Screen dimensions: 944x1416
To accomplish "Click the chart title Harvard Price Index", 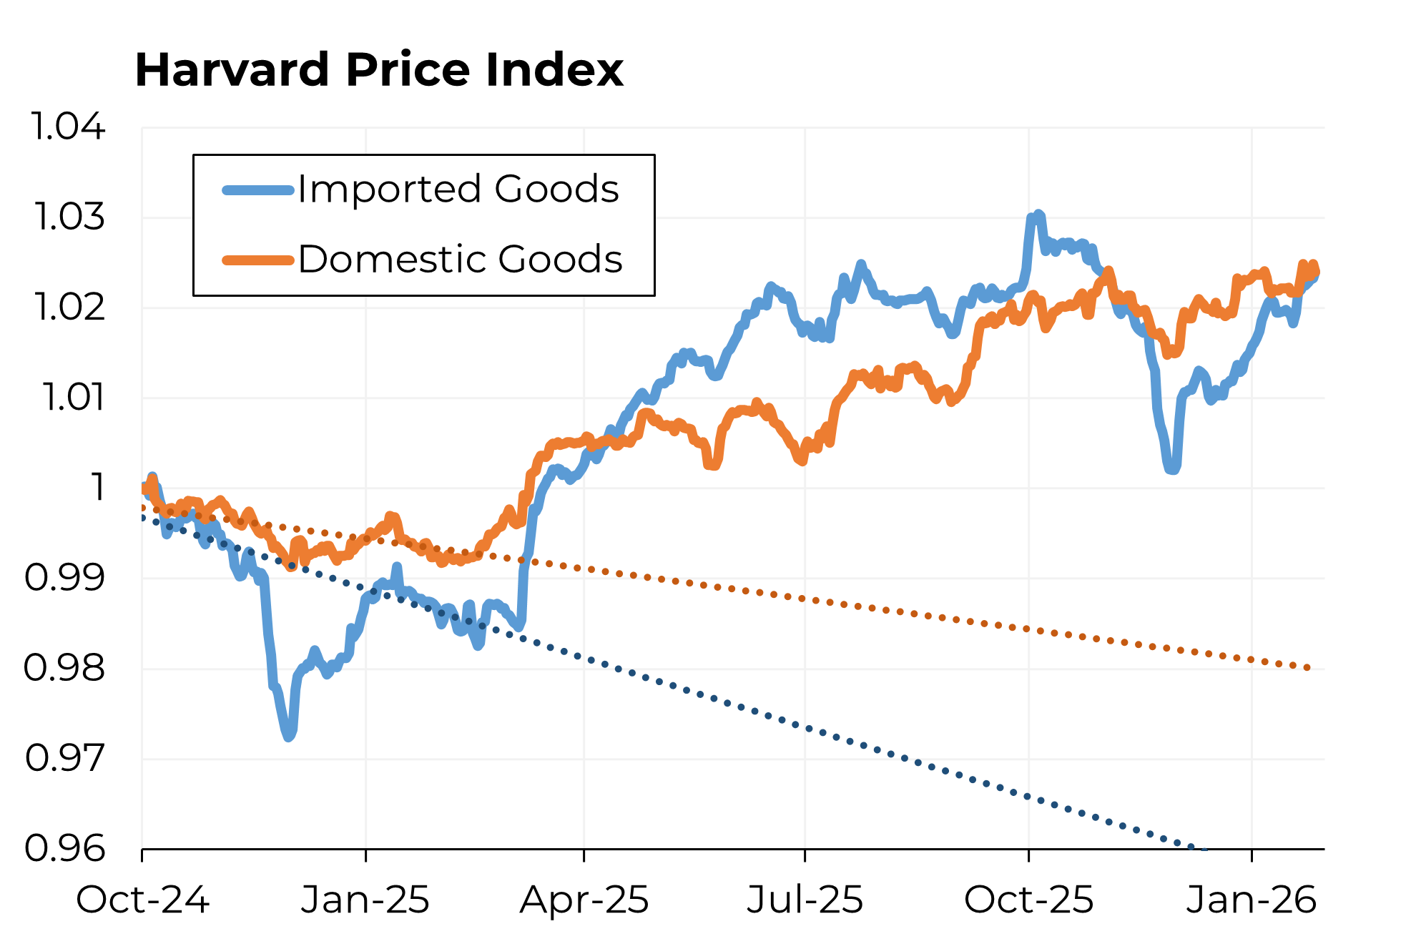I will [379, 70].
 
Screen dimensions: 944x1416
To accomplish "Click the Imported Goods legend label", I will [458, 190].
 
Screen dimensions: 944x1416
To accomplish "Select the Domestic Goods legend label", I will [460, 259].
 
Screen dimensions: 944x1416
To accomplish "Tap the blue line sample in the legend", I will [258, 190].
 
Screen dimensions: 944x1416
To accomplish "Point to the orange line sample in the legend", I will [258, 260].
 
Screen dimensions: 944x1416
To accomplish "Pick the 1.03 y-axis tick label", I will [69, 217].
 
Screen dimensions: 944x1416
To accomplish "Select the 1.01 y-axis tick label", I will [73, 397].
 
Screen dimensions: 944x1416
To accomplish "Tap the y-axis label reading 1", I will [98, 488].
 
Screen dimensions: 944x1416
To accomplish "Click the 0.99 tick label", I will [64, 577].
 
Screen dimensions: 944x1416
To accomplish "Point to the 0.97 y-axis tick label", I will [64, 758].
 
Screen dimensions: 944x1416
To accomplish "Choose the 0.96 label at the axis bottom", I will [64, 848].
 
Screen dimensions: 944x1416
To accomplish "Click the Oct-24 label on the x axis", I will [142, 900].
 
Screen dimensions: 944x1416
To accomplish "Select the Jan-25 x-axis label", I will [365, 900].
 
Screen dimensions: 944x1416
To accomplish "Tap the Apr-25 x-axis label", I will [584, 900].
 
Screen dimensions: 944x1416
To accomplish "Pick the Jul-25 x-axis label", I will [805, 900].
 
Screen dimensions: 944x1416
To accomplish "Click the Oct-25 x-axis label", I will [1028, 900].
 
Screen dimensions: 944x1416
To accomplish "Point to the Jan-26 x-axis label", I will [1252, 900].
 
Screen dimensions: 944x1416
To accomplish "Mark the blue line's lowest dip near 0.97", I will [289, 736].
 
